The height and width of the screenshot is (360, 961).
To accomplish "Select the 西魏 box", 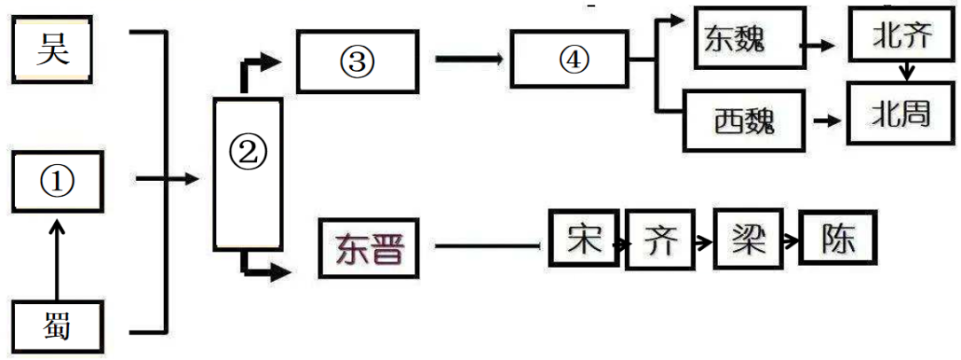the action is [x=744, y=121].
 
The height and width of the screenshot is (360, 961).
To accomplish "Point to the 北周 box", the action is [x=902, y=113].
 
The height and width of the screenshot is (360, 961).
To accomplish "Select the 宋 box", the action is [x=582, y=238].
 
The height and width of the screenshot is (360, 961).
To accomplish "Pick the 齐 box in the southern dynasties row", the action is [x=661, y=240].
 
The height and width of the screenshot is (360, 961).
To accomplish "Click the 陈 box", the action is [x=839, y=239].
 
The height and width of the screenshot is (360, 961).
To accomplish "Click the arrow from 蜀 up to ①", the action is [x=57, y=261].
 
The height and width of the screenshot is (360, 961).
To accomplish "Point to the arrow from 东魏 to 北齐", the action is [x=819, y=45].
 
